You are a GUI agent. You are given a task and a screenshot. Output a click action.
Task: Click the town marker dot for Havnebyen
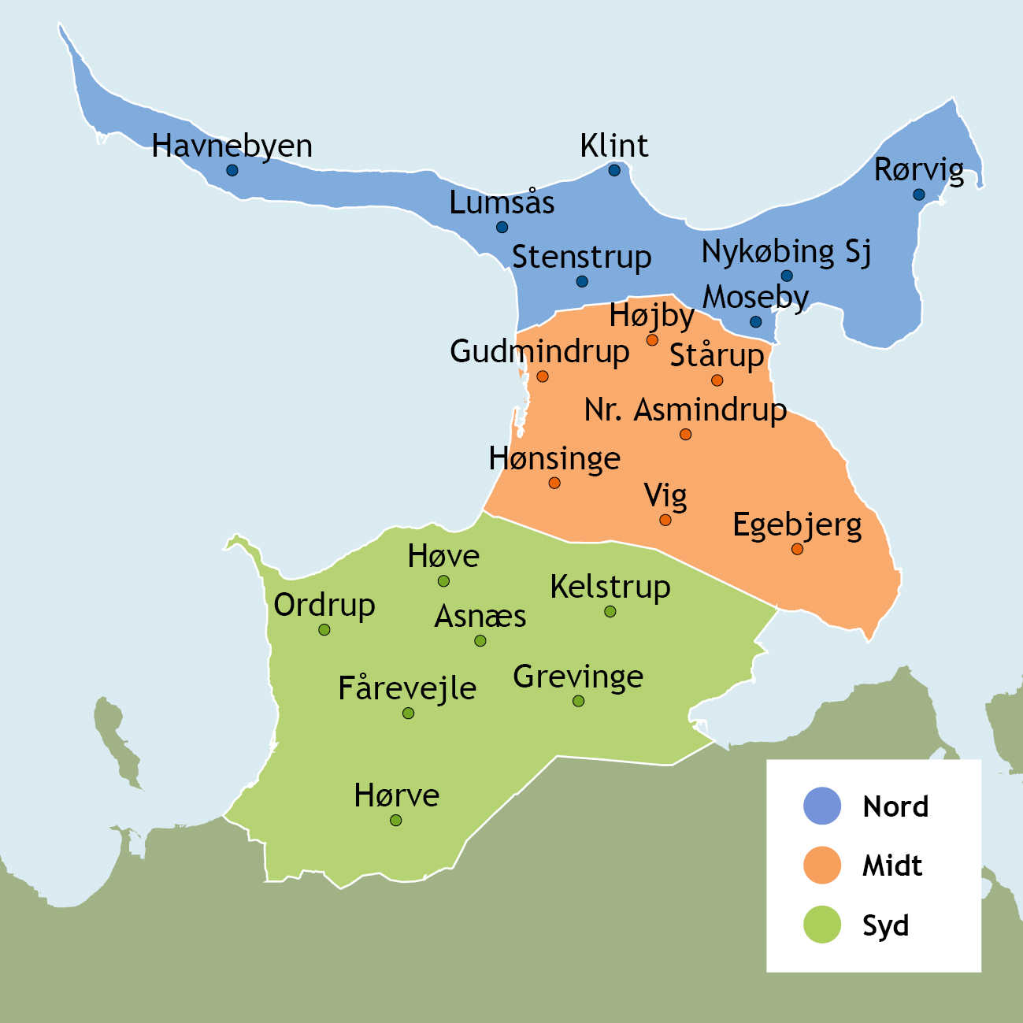click(x=232, y=170)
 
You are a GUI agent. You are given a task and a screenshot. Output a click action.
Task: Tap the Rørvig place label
click(x=918, y=170)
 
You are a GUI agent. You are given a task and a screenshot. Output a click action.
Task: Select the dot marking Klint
click(x=614, y=170)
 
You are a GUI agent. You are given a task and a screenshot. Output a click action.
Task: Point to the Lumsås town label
click(x=502, y=203)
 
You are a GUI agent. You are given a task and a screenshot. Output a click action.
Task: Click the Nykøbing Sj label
click(x=786, y=252)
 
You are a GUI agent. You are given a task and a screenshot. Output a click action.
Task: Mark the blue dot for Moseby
click(x=755, y=322)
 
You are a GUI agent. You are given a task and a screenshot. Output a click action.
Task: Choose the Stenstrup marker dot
click(x=582, y=281)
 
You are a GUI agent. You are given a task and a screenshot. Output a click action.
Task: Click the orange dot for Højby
click(x=652, y=340)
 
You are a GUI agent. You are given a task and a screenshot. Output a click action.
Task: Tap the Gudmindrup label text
click(x=539, y=352)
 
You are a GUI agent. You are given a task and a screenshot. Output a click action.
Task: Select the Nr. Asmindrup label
click(x=685, y=410)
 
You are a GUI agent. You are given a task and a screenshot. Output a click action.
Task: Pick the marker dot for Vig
click(x=665, y=520)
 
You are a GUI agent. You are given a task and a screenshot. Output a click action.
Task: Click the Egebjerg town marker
click(x=797, y=549)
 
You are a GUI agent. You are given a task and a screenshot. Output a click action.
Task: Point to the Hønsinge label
click(x=554, y=458)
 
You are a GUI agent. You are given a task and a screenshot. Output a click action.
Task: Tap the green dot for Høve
click(x=443, y=581)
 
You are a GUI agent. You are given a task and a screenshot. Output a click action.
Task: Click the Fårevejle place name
click(x=407, y=689)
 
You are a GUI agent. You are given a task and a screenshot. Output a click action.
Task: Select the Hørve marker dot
click(x=396, y=820)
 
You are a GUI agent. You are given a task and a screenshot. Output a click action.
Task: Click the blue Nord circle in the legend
click(x=822, y=806)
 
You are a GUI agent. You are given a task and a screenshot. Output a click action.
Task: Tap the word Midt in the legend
click(x=892, y=866)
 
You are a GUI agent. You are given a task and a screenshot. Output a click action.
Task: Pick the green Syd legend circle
click(x=822, y=925)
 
